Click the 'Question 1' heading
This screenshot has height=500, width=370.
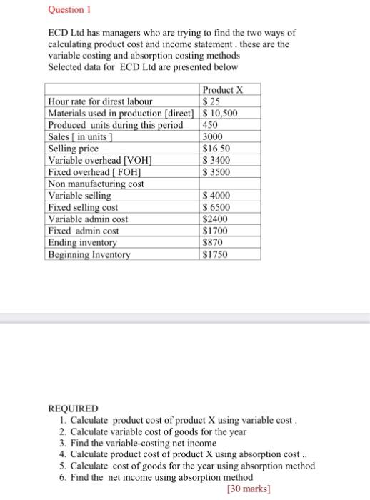point(70,11)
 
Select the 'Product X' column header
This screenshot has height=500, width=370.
point(223,90)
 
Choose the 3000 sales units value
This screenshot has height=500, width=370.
point(214,137)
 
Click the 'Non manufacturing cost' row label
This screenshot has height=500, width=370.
point(96,184)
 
